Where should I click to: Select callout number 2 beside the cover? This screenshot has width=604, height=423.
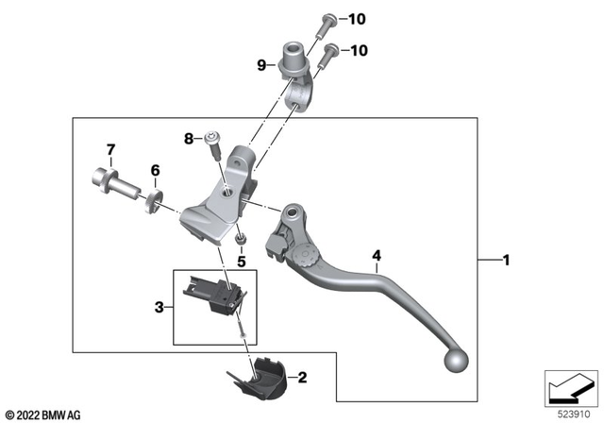pyautogui.click(x=302, y=379)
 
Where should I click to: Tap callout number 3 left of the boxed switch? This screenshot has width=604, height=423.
pyautogui.click(x=159, y=307)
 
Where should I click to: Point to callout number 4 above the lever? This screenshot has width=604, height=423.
pyautogui.click(x=377, y=255)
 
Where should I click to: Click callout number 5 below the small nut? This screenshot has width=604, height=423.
pyautogui.click(x=241, y=262)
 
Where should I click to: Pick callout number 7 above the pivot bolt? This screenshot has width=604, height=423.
pyautogui.click(x=110, y=149)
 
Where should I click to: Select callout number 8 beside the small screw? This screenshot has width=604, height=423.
pyautogui.click(x=189, y=140)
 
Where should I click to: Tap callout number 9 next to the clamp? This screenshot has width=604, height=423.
pyautogui.click(x=261, y=65)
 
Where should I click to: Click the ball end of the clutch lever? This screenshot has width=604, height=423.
pyautogui.click(x=457, y=361)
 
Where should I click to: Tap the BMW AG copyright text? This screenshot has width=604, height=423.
pyautogui.click(x=43, y=415)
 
